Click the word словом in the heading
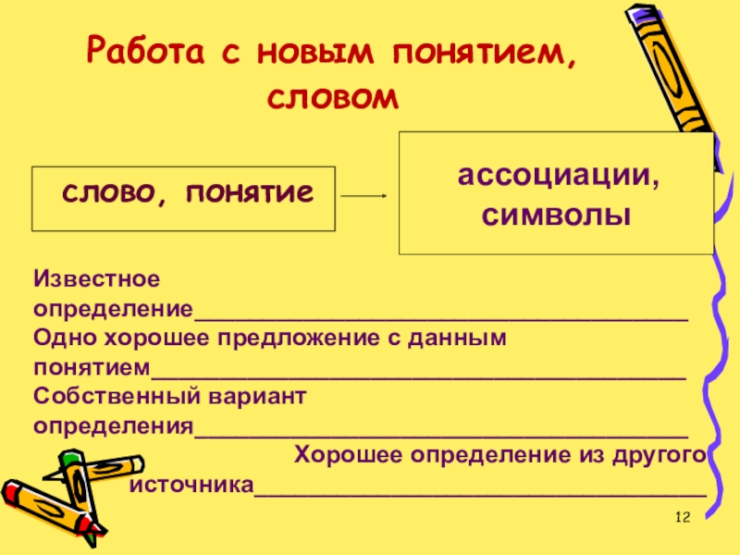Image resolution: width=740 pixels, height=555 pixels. point(334,95)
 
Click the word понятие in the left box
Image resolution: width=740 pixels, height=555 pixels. point(248,193)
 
